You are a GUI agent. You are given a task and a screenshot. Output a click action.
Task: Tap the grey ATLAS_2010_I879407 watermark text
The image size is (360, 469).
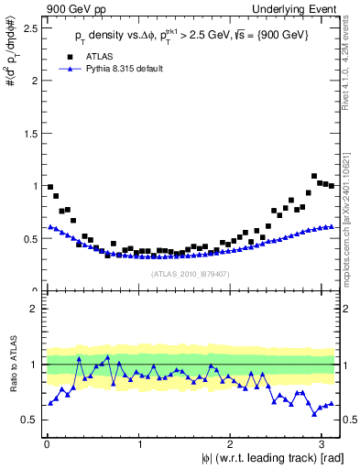click(x=191, y=273)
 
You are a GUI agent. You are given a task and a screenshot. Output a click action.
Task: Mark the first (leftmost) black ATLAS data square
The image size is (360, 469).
click(x=50, y=187)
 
